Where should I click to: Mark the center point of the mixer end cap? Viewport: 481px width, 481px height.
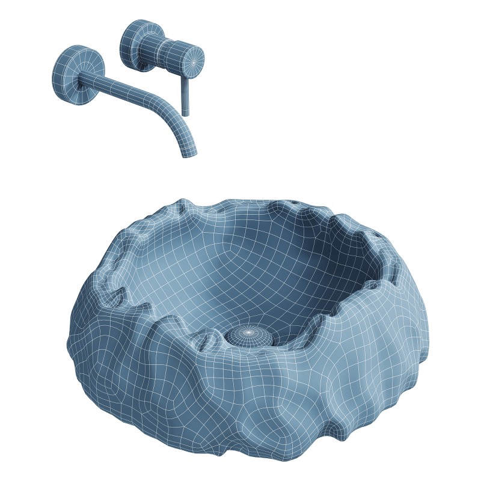(x=194, y=60)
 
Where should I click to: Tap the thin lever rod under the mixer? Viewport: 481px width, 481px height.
(x=185, y=93)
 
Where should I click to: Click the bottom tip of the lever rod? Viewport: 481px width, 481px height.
(x=186, y=114)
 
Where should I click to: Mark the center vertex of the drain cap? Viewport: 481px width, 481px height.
(x=248, y=331)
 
